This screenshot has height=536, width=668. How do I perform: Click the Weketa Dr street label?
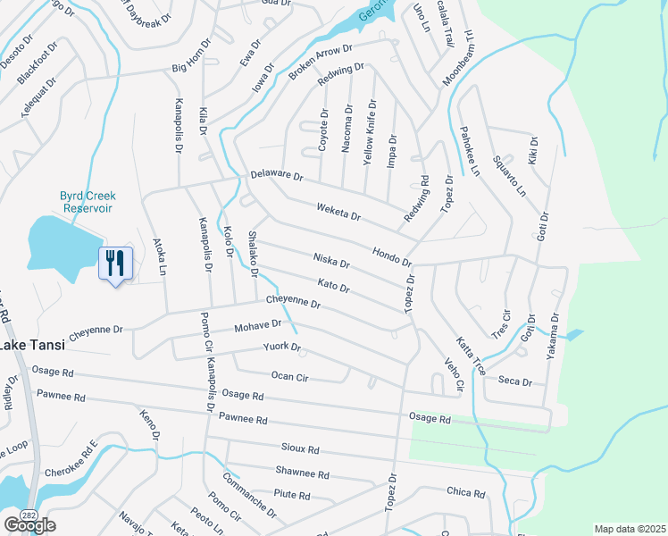pos(338,212)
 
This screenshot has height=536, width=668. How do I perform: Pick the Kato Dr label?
pos(333,286)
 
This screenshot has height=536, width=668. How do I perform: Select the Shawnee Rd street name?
pos(303,473)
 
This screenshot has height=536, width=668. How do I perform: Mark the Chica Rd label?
pos(465,492)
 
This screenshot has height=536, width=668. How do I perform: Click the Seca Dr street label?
pos(515,381)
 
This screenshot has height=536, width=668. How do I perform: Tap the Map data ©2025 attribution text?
pos(629,529)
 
